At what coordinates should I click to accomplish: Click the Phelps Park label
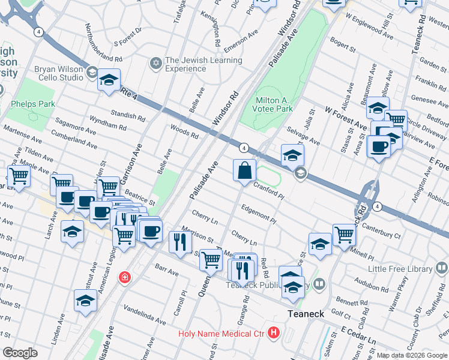pyautogui.click(x=33, y=104)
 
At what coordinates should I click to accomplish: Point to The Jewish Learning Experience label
pyautogui.click(x=203, y=64)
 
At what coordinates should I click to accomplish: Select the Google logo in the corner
pyautogui.click(x=19, y=353)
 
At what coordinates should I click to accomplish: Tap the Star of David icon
pyautogui.click(x=155, y=63)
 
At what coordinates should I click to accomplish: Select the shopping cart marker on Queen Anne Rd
pyautogui.click(x=211, y=260)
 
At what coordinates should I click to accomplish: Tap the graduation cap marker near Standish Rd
pyautogui.click(x=109, y=80)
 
